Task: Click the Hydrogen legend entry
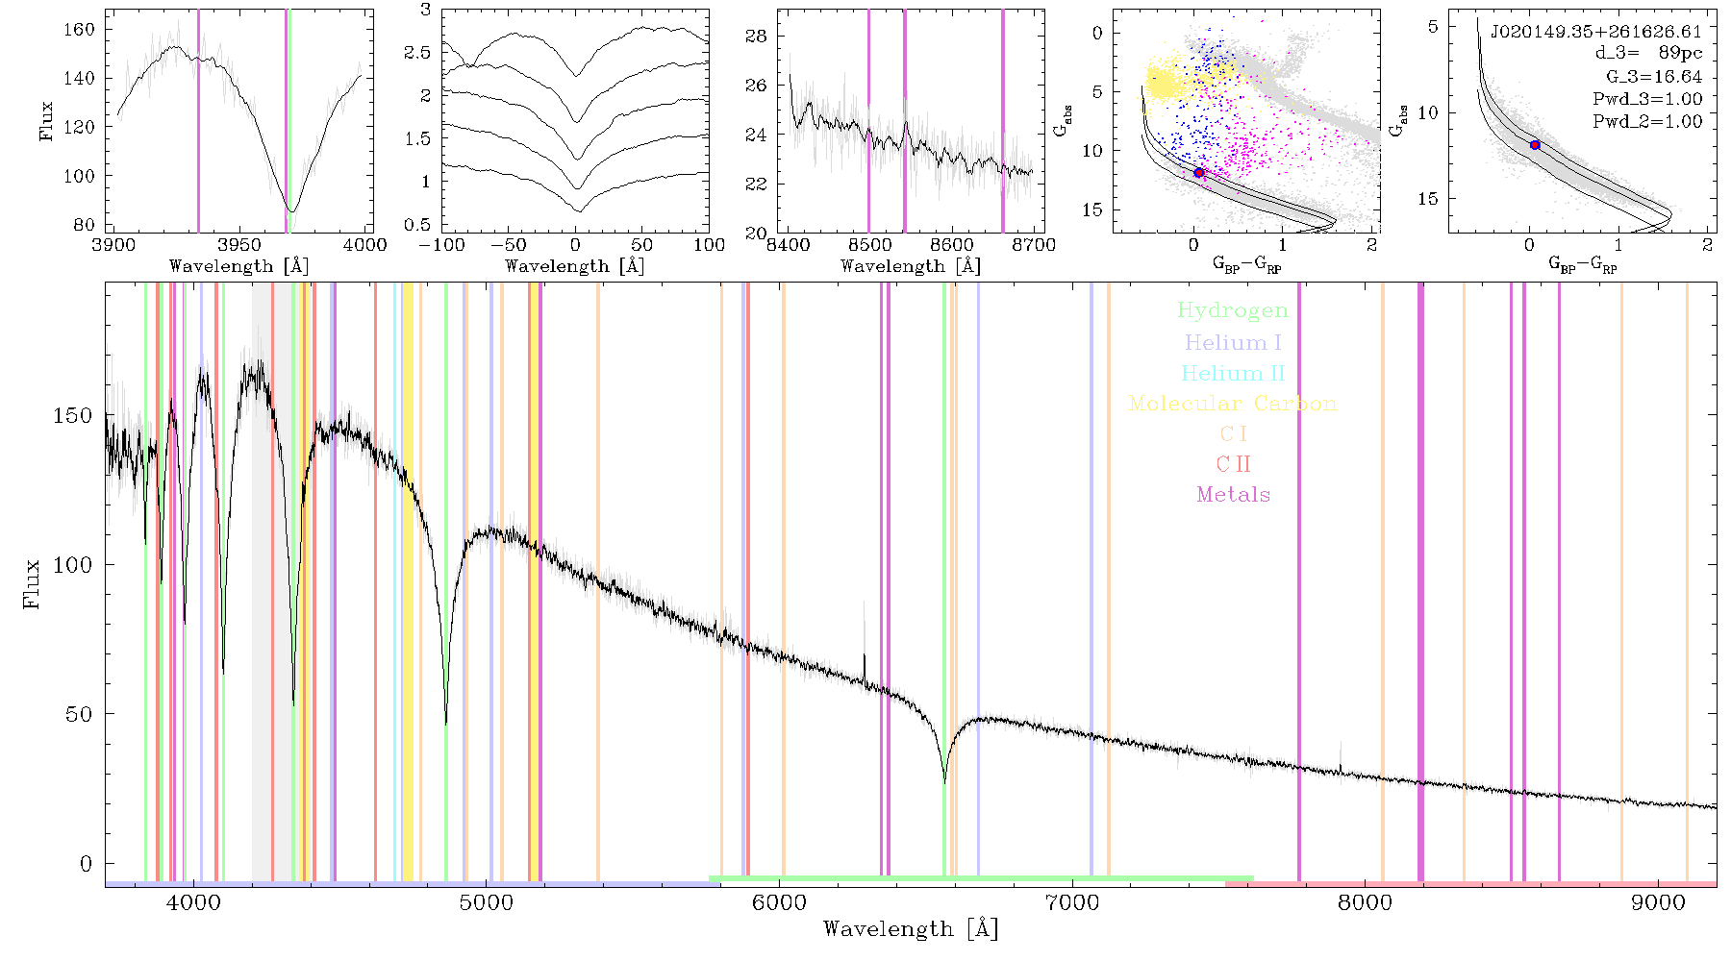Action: [1232, 310]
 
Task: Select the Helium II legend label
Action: [1233, 373]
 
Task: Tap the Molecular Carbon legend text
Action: [1233, 404]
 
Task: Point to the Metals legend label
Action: [1234, 495]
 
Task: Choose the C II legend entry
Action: [1233, 464]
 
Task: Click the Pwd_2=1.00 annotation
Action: [1647, 122]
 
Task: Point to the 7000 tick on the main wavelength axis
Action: [1072, 902]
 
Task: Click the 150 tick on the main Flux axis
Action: [73, 416]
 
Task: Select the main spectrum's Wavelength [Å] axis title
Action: [911, 929]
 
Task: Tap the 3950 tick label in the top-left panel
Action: [239, 244]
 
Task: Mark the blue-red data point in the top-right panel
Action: [1535, 145]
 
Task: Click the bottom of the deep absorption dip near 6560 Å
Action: [944, 782]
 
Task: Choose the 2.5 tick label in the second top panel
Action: [417, 52]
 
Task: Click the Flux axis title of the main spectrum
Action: [32, 583]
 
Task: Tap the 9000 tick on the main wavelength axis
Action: [1658, 902]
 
